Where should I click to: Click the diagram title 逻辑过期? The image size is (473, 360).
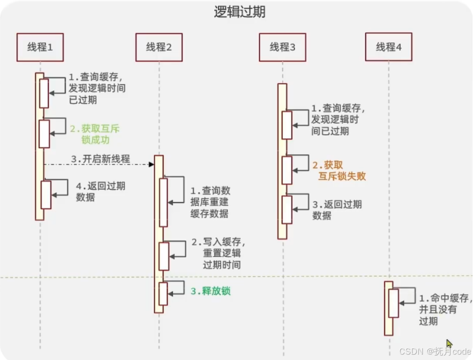[240, 12]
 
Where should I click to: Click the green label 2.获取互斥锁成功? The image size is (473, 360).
[95, 134]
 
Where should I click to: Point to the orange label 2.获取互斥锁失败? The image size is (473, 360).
[339, 170]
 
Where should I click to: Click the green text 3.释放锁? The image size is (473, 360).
[210, 291]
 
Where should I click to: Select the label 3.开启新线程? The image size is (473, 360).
[101, 159]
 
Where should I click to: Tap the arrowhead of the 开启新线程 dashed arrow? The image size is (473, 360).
[152, 164]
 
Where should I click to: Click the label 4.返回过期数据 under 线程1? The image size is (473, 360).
[101, 191]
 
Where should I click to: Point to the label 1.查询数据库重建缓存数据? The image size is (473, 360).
[210, 202]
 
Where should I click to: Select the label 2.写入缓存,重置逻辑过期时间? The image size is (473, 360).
[218, 253]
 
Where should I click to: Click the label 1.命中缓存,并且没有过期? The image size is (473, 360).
[446, 309]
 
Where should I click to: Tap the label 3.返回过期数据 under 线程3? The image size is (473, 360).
[337, 210]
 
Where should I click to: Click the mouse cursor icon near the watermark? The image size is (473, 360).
[449, 343]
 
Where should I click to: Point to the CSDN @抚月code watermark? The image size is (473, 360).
[435, 351]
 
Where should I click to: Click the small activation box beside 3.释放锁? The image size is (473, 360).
[163, 294]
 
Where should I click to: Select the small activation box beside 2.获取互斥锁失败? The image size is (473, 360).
[287, 170]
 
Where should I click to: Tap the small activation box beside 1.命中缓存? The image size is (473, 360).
[393, 303]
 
